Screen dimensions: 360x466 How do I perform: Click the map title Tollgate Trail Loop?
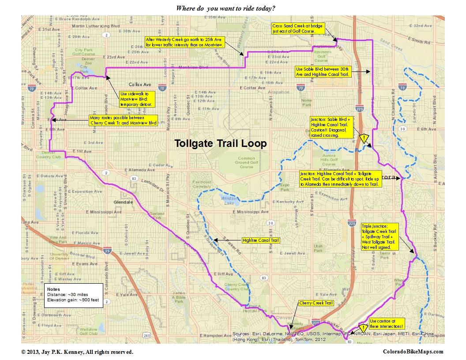click(220, 144)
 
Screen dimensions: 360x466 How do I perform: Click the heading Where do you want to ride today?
click(225, 8)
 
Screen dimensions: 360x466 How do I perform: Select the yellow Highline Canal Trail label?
click(261, 240)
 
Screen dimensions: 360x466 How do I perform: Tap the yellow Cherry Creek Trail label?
click(316, 303)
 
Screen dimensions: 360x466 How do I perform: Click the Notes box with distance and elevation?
click(73, 295)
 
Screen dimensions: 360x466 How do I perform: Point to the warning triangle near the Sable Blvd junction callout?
click(363, 139)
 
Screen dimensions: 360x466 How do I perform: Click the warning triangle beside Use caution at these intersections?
click(363, 328)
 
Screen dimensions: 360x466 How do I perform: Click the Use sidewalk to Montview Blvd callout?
click(137, 99)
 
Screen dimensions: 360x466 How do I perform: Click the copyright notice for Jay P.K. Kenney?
click(77, 352)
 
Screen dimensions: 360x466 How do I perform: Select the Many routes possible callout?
click(123, 120)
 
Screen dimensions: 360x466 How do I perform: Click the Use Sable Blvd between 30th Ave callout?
click(323, 72)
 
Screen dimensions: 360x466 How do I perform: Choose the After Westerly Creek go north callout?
click(185, 42)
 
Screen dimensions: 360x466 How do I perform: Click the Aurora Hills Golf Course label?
click(329, 160)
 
